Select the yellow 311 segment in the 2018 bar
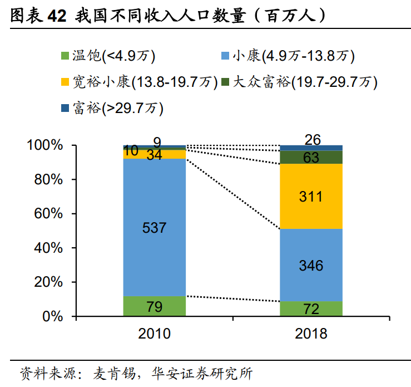pyautogui.click(x=311, y=197)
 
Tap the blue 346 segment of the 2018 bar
pyautogui.click(x=311, y=265)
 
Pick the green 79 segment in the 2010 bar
pyautogui.click(x=155, y=306)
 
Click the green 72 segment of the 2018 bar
pyautogui.click(x=311, y=309)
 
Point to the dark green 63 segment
pyautogui.click(x=311, y=158)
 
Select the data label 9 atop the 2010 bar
pyautogui.click(x=157, y=141)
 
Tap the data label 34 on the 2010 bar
pyautogui.click(x=154, y=155)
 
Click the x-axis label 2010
pyautogui.click(x=155, y=334)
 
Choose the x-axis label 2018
pyautogui.click(x=311, y=334)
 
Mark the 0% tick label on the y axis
pyautogui.click(x=53, y=316)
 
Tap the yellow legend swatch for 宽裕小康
pyautogui.click(x=65, y=82)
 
